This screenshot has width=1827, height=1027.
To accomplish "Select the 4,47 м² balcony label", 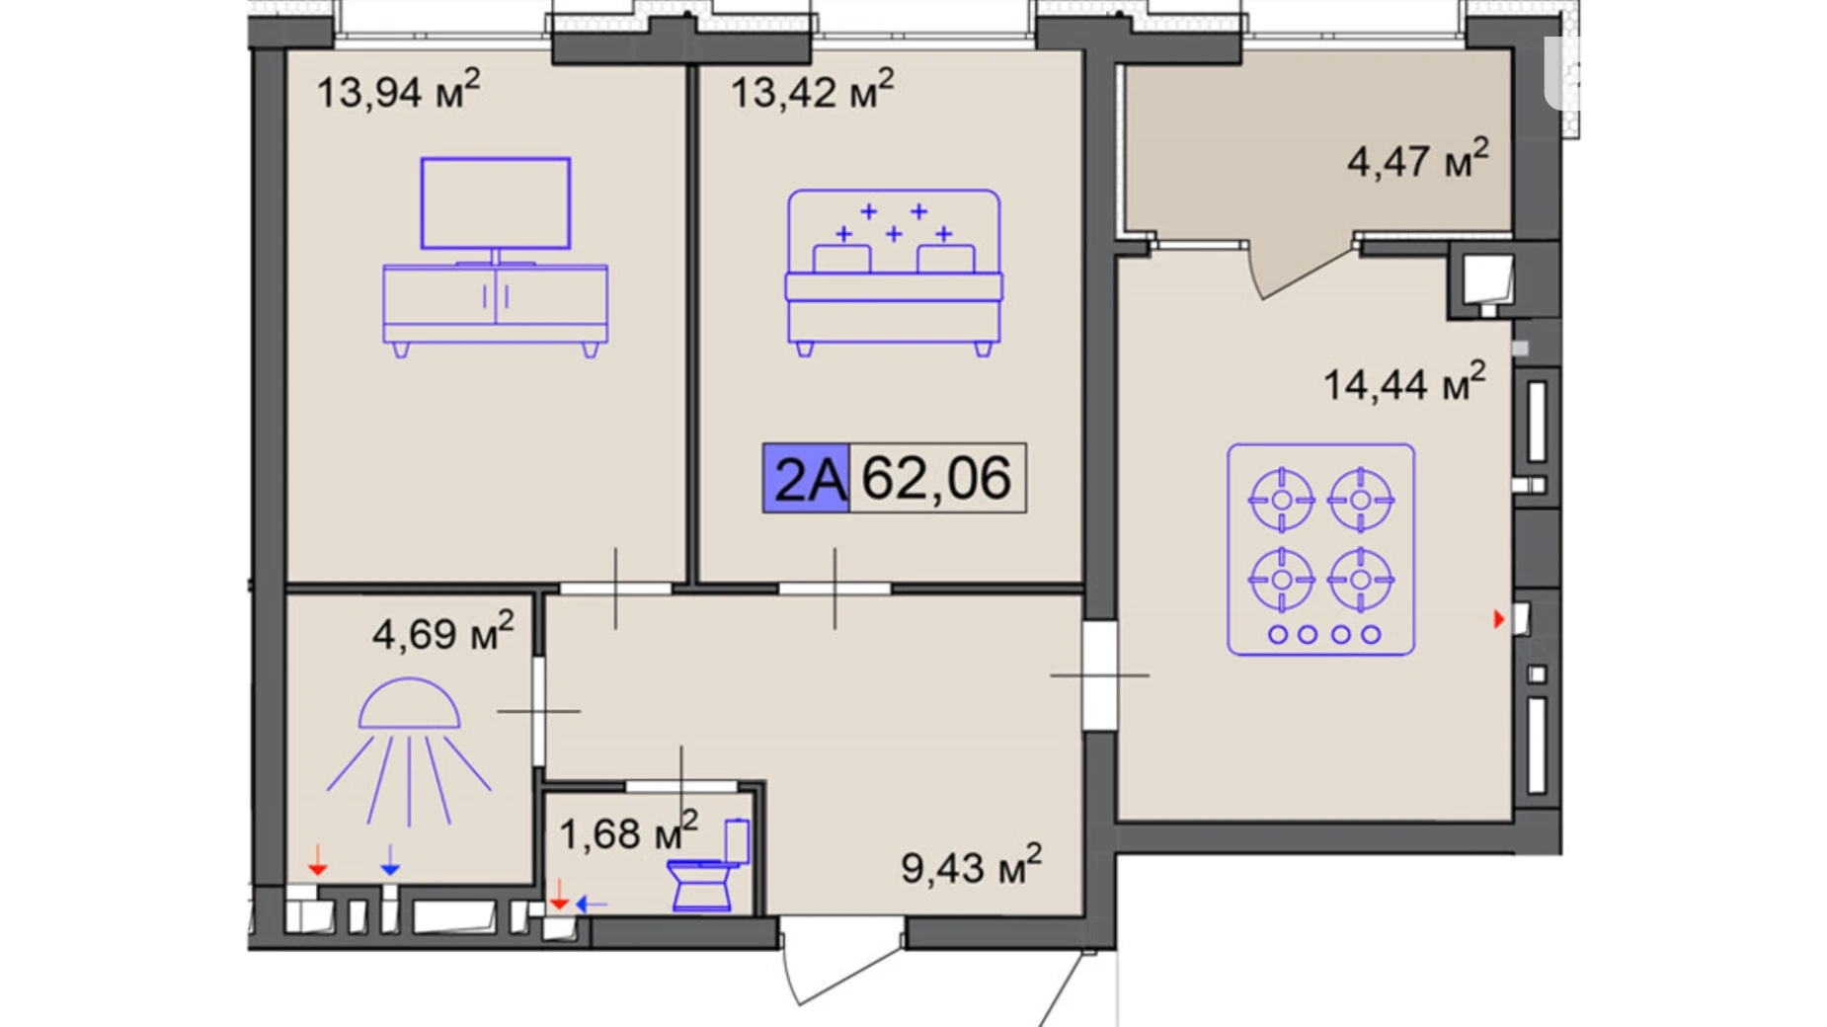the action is [1418, 158].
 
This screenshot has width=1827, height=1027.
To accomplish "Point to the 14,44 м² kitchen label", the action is [1404, 381].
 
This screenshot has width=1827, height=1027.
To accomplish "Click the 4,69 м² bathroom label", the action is [443, 631].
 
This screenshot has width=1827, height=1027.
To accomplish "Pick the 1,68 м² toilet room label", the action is [629, 831].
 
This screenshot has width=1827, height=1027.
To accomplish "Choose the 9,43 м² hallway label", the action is [971, 865].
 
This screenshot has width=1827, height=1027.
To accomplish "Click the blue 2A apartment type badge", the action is [806, 478].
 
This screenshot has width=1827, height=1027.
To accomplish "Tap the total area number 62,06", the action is [936, 478].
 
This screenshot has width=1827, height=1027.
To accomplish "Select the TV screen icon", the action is [496, 202].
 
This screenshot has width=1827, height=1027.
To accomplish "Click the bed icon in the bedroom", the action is [894, 273].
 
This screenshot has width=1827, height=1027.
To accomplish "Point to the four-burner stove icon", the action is [1320, 549].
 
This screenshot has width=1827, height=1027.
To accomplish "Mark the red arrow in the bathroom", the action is [317, 860].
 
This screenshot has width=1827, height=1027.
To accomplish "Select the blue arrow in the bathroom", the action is [390, 860].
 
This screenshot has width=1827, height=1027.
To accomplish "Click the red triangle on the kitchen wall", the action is [1499, 619].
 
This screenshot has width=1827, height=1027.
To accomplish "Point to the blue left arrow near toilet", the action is [592, 904].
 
